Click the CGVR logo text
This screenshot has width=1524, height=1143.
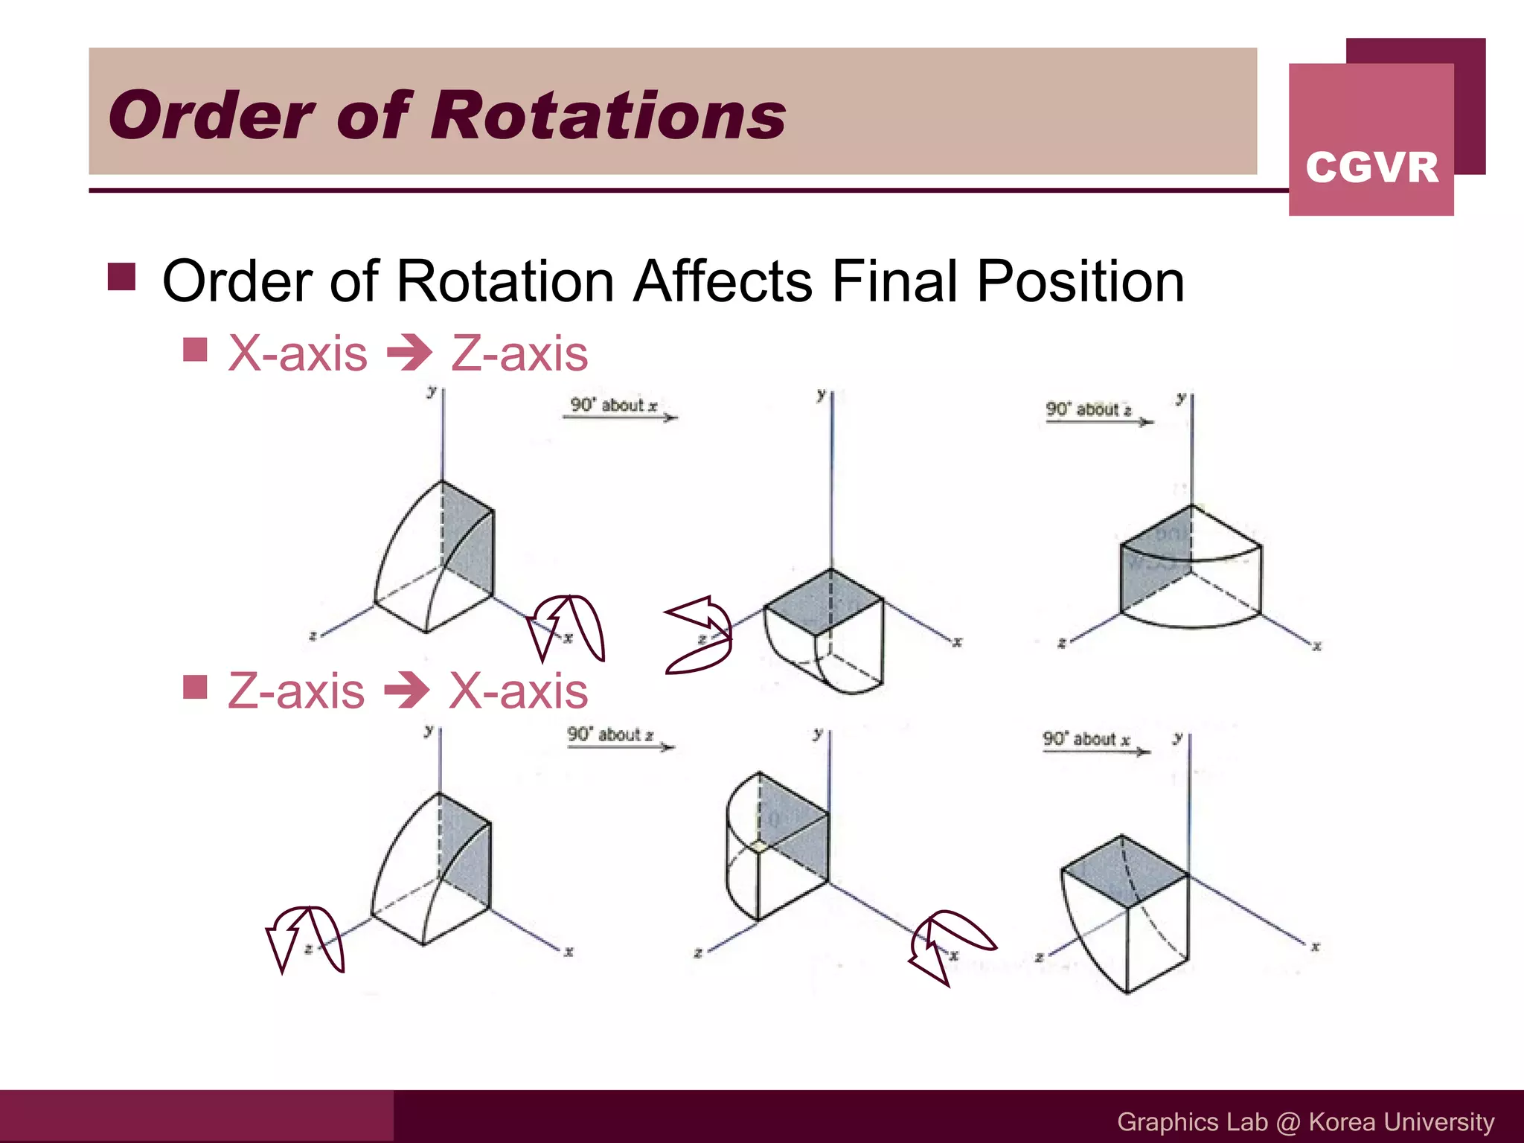tap(1371, 167)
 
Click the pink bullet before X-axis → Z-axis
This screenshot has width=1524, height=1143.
tap(195, 349)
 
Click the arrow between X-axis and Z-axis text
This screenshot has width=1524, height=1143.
tap(409, 353)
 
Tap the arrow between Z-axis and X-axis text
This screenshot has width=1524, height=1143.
tap(407, 691)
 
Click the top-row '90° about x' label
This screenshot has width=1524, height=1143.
tap(614, 406)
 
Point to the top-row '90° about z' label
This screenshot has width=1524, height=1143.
tap(1088, 409)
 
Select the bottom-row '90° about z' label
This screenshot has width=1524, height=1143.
tap(610, 735)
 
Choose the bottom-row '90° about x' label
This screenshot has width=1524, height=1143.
tap(1086, 739)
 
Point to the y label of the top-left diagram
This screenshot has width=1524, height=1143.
tap(431, 391)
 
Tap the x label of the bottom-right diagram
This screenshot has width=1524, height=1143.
tap(1315, 947)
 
